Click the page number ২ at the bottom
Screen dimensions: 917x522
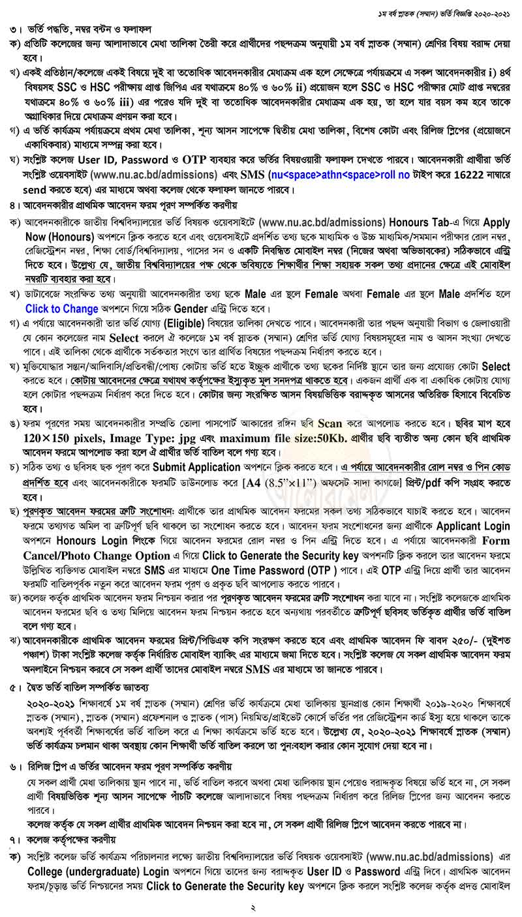click(261, 907)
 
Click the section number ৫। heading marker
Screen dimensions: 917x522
click(14, 687)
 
